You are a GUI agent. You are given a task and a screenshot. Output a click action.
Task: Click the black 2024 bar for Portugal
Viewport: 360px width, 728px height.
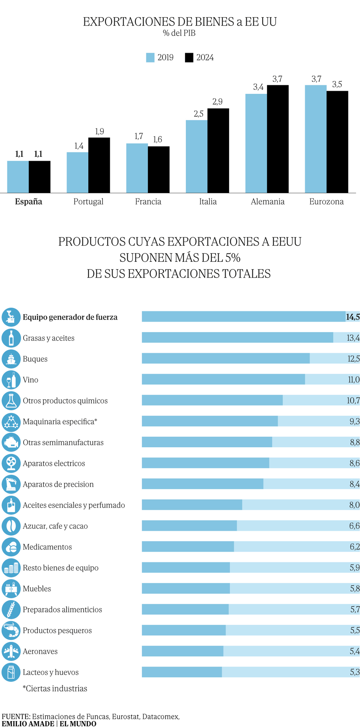(x=99, y=165)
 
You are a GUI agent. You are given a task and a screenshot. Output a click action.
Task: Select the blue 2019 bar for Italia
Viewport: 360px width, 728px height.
(x=196, y=156)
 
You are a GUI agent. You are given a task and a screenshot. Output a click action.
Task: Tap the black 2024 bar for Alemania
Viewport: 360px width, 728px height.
(x=277, y=139)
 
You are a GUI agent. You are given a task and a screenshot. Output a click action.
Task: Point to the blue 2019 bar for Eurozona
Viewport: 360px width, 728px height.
(x=316, y=139)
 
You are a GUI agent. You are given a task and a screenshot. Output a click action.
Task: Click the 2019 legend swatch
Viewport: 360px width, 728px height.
(x=150, y=57)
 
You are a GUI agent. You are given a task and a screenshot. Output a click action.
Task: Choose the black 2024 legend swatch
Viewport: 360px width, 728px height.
(x=189, y=57)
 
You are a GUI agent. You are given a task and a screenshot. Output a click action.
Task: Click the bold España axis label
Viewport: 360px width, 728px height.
(x=28, y=201)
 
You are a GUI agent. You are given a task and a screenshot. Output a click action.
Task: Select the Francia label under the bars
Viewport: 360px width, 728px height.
(x=148, y=201)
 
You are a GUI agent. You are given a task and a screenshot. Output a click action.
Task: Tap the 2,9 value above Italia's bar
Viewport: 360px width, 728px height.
(x=217, y=102)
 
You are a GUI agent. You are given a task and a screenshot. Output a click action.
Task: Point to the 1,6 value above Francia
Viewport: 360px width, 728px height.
(x=157, y=140)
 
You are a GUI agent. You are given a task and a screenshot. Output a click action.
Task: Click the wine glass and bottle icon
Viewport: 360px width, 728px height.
(x=11, y=380)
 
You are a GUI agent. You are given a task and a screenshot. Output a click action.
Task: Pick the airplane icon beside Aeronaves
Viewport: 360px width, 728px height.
(x=11, y=651)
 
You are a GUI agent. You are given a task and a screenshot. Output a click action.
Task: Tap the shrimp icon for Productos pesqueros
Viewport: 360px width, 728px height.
(x=11, y=631)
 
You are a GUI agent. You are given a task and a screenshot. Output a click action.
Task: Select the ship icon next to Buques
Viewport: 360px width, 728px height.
(x=11, y=359)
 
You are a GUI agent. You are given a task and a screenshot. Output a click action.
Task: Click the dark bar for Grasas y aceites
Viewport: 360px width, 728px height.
(x=237, y=337)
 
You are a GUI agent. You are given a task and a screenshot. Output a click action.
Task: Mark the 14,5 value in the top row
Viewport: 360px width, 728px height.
(x=353, y=317)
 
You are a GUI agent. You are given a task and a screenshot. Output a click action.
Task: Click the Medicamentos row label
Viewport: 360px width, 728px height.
(x=47, y=547)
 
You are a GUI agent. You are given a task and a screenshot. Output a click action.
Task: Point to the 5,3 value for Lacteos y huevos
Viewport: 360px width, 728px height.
(x=355, y=672)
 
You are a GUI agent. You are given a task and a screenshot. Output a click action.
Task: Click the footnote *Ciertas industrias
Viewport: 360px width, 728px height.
(x=55, y=688)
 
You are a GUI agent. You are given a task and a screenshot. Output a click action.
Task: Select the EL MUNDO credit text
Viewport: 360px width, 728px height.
(x=78, y=724)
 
